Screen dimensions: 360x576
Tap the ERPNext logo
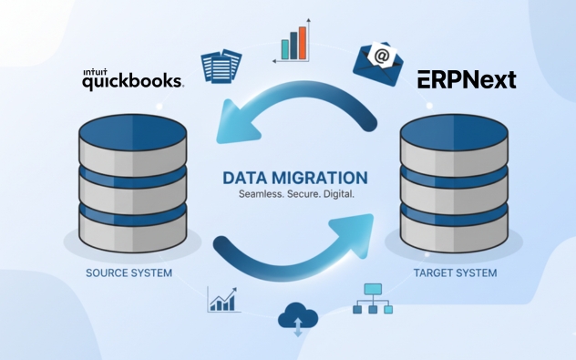pyautogui.click(x=467, y=80)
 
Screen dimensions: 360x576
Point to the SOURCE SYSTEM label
pyautogui.click(x=129, y=273)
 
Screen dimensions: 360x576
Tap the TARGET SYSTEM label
pyautogui.click(x=455, y=273)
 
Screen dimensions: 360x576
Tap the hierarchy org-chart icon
pyautogui.click(x=372, y=298)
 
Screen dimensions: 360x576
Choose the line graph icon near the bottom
pyautogui.click(x=223, y=299)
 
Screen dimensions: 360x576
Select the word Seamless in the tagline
pyautogui.click(x=261, y=195)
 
